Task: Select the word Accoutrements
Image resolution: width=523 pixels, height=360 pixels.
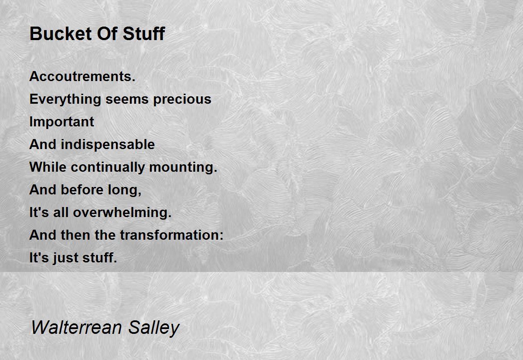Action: point(82,77)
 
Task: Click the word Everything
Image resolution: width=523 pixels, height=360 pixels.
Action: point(65,99)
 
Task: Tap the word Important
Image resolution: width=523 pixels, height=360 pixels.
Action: point(61,122)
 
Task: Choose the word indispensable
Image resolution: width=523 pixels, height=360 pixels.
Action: point(108,145)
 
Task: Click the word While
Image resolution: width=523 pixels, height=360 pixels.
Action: point(48,167)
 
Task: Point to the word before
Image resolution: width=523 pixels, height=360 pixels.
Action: point(83,190)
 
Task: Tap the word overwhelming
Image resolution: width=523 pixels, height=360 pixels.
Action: point(122,213)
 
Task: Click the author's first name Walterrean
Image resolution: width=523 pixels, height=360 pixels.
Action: point(70,327)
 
